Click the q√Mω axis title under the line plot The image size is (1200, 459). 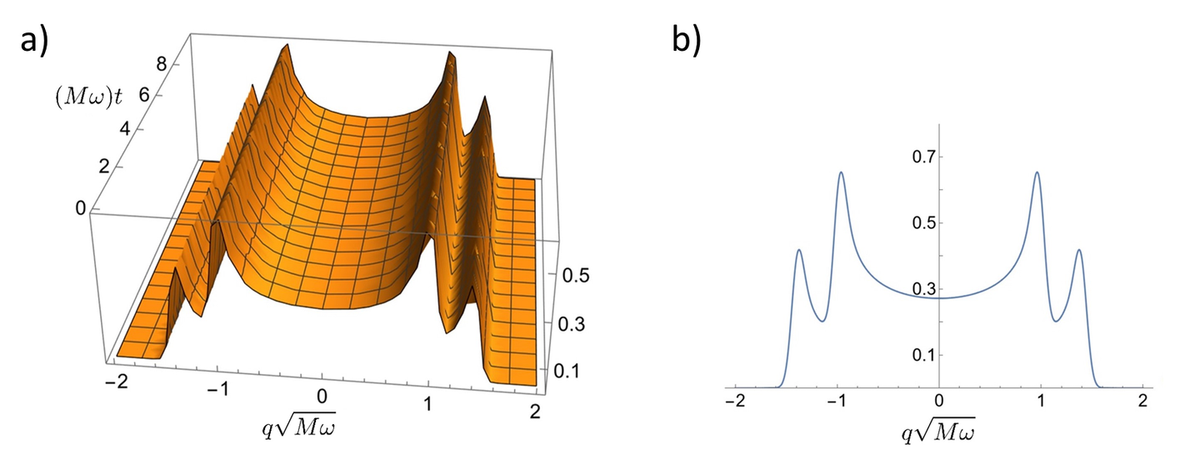[939, 433]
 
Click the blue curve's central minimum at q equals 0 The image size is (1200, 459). [939, 297]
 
